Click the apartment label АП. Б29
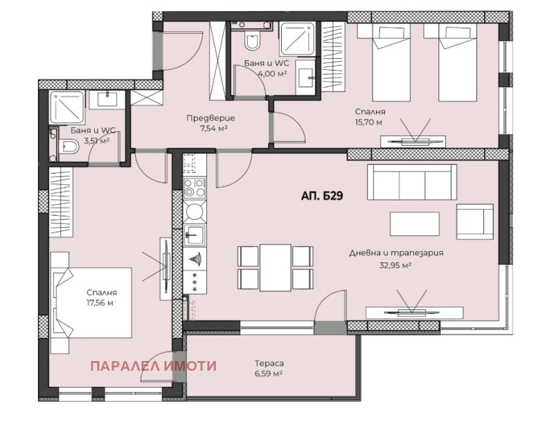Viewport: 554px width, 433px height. pyautogui.click(x=322, y=196)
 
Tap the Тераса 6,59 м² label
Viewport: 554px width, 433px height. pyautogui.click(x=269, y=368)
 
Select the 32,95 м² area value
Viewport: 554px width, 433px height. pyautogui.click(x=395, y=265)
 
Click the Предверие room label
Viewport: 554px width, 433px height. pyautogui.click(x=211, y=118)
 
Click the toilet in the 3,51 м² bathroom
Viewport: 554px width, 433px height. pyautogui.click(x=68, y=146)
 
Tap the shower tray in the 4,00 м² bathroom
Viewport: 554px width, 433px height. pyautogui.click(x=298, y=38)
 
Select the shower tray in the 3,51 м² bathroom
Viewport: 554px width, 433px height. pyautogui.click(x=66, y=108)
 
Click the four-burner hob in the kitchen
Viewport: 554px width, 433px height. pyautogui.click(x=195, y=187)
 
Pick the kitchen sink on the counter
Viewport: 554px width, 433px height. pyautogui.click(x=195, y=234)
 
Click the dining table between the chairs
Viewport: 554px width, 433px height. pyautogui.click(x=276, y=268)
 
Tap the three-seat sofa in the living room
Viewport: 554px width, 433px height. pyautogui.click(x=412, y=182)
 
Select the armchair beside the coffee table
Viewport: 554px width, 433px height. pyautogui.click(x=475, y=222)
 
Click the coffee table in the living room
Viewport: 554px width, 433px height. pyautogui.click(x=415, y=223)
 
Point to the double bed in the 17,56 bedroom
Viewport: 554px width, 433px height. pyautogui.click(x=91, y=303)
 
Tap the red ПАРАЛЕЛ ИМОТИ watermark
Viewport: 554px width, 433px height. pyautogui.click(x=153, y=366)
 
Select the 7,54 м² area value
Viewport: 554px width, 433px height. pyautogui.click(x=213, y=128)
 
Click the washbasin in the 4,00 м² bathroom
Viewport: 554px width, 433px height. pyautogui.click(x=306, y=78)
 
